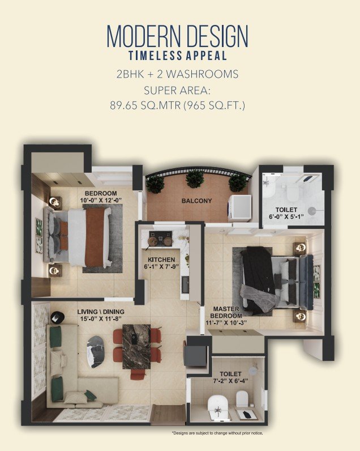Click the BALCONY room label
tap(196, 201)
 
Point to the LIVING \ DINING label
tap(101, 315)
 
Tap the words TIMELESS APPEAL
tap(177, 56)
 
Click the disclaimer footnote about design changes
tap(217, 433)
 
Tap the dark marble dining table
tap(136, 346)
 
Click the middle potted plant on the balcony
tap(195, 178)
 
